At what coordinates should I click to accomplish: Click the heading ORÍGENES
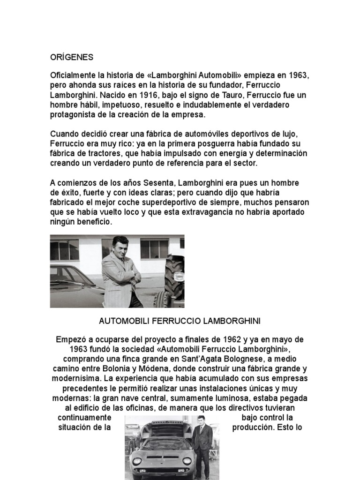72,57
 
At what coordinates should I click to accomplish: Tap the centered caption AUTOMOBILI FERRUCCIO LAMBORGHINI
180,322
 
